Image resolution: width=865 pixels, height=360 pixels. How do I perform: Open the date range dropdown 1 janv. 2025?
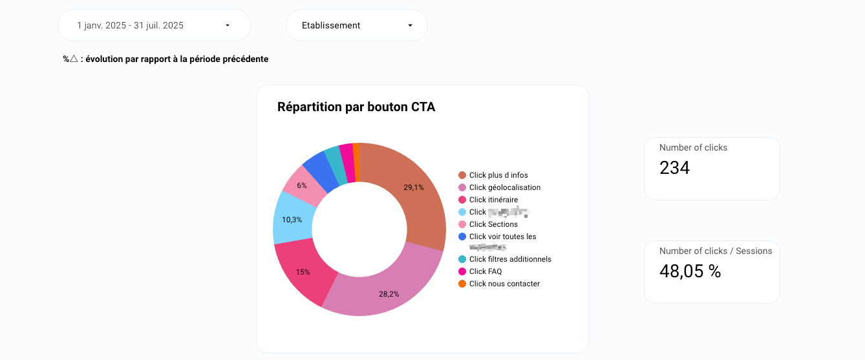pos(154,26)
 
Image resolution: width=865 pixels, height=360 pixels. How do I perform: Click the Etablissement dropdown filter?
pos(356,26)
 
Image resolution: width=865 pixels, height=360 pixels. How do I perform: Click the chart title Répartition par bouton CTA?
pos(356,107)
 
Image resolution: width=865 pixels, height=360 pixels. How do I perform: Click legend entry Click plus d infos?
pos(498,175)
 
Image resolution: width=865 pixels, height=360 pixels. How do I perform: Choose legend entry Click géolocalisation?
pos(504,187)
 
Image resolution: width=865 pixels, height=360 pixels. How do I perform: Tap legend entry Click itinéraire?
pos(493,200)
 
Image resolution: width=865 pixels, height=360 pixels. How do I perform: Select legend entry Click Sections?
pos(493,224)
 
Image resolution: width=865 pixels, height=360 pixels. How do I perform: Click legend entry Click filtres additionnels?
pos(509,259)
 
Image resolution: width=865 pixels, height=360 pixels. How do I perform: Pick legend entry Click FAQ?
pos(485,271)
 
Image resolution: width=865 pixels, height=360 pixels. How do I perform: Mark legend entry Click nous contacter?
pos(504,284)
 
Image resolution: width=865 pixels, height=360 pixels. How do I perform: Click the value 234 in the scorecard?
pos(675,168)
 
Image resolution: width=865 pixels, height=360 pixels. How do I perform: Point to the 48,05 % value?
pos(690,271)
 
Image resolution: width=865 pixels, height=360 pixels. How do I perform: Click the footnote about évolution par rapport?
pos(166,59)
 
